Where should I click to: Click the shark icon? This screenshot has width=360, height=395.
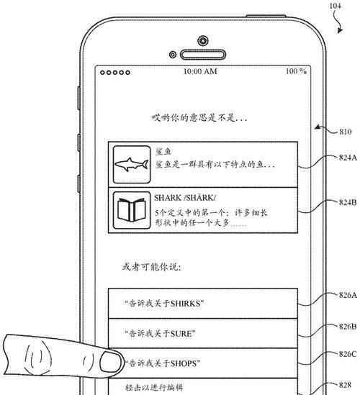click(131, 164)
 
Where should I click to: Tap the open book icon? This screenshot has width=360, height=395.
click(131, 210)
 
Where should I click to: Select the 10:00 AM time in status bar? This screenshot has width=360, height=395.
click(200, 71)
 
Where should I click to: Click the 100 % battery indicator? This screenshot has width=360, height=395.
click(296, 71)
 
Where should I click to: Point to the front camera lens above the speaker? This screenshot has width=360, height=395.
click(203, 40)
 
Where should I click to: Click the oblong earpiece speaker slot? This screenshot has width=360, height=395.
click(203, 55)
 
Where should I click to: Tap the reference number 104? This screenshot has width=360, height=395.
click(336, 6)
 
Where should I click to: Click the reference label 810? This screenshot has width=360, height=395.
click(345, 132)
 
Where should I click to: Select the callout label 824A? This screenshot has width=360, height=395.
click(348, 158)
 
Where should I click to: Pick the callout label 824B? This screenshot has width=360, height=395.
click(348, 202)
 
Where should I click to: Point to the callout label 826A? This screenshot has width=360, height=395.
click(348, 295)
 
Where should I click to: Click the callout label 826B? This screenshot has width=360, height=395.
click(348, 327)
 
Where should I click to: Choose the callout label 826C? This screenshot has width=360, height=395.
click(348, 354)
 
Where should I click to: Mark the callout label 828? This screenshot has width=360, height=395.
click(345, 385)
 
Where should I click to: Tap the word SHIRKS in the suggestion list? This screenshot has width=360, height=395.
click(185, 304)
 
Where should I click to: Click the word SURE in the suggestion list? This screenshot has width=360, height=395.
click(181, 334)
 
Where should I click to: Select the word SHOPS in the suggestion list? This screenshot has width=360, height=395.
click(184, 363)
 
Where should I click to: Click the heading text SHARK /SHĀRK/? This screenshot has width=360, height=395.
click(185, 198)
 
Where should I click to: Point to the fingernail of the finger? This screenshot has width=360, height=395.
click(110, 362)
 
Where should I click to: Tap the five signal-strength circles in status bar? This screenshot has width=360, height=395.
click(115, 73)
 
